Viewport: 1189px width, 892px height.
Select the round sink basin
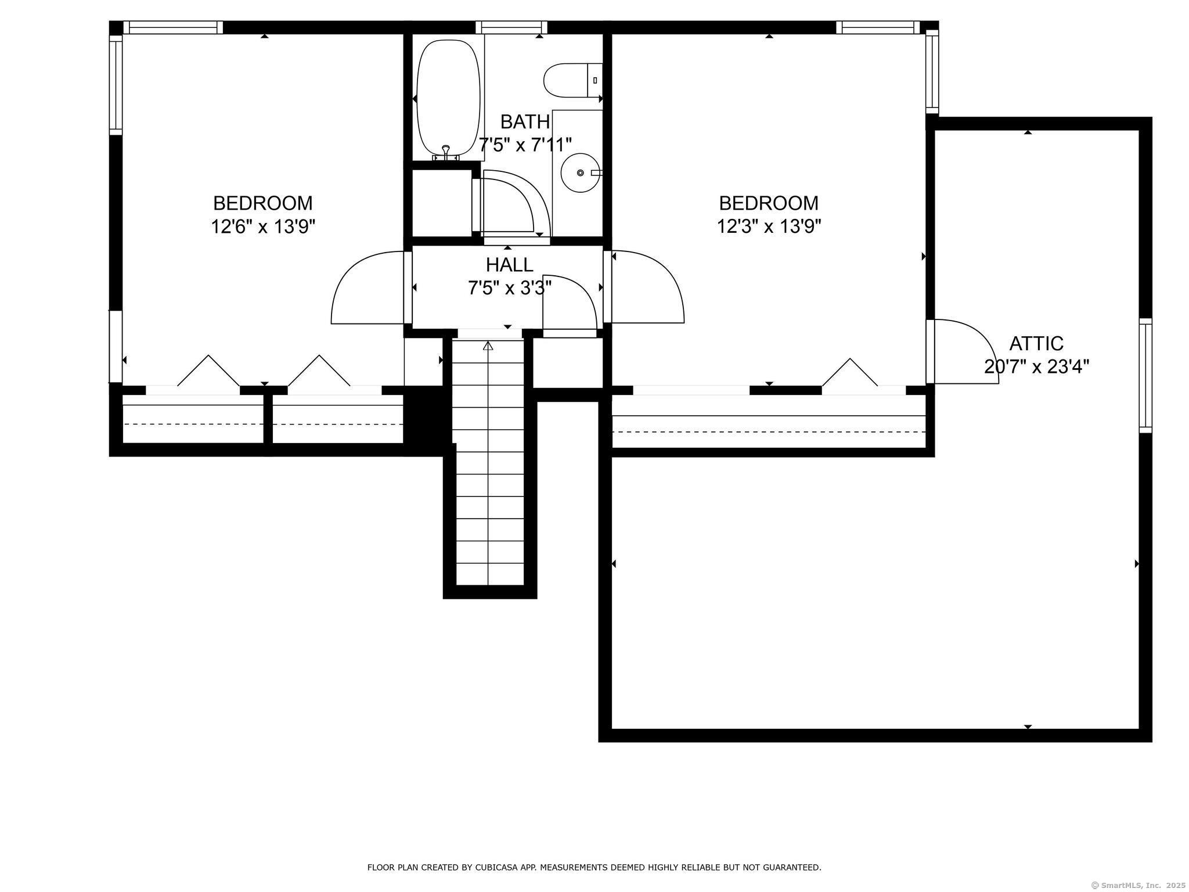coord(580,172)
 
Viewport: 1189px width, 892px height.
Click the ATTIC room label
coord(1036,344)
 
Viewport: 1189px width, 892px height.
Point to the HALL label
coord(509,265)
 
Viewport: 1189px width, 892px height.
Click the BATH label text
coord(525,122)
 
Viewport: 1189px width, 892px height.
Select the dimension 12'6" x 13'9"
coord(263,226)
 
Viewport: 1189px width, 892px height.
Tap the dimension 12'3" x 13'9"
coord(769,226)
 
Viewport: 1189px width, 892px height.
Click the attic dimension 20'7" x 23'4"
coord(1036,367)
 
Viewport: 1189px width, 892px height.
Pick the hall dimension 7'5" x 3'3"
coord(509,287)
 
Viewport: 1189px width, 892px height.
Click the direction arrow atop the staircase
coord(488,346)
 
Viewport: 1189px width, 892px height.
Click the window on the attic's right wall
coord(1145,376)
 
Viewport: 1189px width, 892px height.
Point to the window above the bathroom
coord(511,27)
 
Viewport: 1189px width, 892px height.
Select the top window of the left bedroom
coord(173,27)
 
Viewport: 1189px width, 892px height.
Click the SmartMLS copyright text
coord(1139,885)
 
